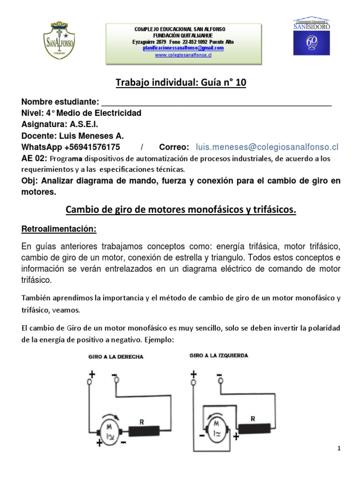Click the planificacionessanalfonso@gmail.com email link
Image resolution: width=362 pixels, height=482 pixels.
coord(184,48)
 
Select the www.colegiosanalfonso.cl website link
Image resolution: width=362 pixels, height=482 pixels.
coord(184,55)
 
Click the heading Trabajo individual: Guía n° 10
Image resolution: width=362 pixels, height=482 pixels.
coord(181,83)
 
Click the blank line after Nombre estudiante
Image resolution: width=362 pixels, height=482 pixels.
coord(216,103)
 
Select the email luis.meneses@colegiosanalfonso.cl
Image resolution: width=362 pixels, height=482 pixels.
coord(267,147)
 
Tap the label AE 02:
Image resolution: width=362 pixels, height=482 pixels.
coord(34,158)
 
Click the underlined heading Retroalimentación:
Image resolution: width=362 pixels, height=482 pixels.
coord(59,229)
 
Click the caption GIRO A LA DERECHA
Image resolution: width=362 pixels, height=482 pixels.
coord(116,357)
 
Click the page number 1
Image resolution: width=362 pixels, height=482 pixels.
coord(339,449)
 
